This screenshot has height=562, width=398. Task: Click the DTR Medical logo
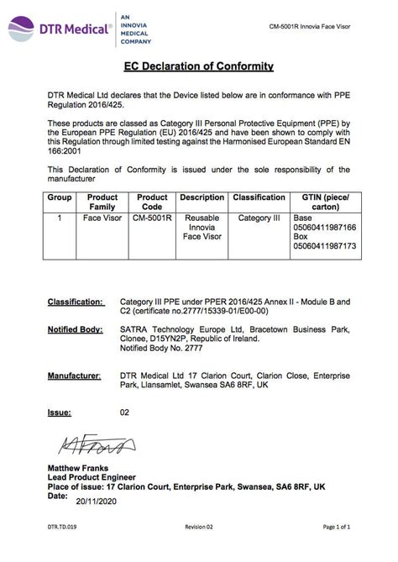59,30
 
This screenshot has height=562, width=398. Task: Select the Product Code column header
152,202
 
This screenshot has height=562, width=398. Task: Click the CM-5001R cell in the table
152,217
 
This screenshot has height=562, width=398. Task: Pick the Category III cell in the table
259,217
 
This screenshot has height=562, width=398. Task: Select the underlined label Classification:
76,300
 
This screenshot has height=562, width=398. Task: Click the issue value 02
125,412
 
